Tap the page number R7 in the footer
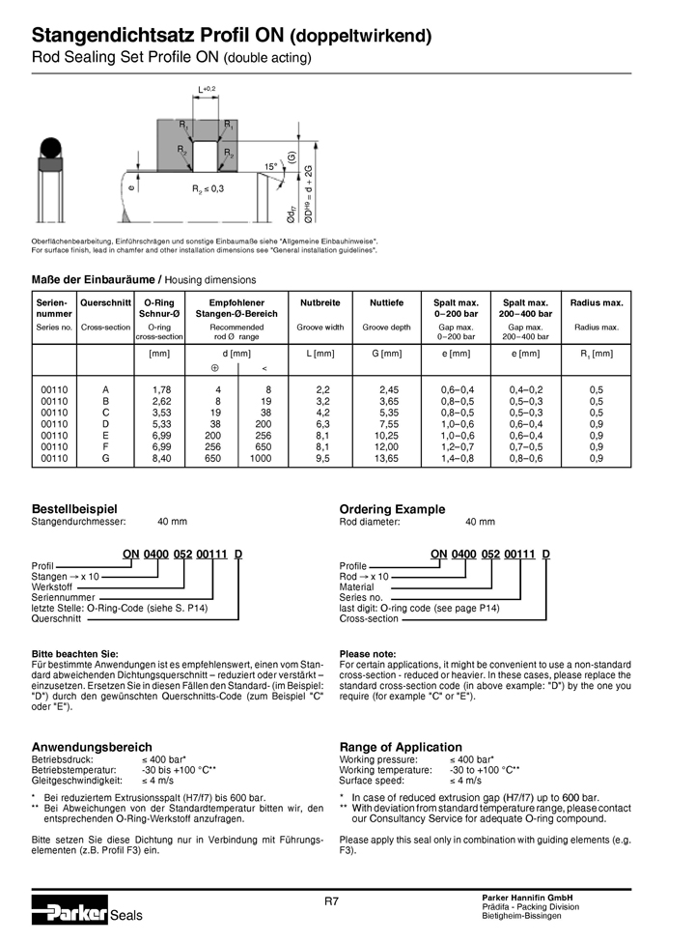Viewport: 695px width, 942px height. tap(331, 900)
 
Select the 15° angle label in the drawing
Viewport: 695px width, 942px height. tap(271, 167)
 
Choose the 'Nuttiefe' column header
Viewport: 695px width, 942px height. tap(386, 303)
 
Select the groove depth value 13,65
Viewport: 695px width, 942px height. tap(386, 459)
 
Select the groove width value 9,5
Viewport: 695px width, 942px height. tap(322, 459)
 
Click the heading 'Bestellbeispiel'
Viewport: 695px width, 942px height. tap(74, 509)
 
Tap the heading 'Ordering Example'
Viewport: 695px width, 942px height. tap(392, 509)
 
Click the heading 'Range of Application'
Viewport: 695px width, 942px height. tap(401, 747)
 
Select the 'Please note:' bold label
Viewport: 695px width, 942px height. tap(368, 654)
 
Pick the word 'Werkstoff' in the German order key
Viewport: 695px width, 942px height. tap(52, 586)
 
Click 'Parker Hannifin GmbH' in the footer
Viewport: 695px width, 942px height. tap(527, 898)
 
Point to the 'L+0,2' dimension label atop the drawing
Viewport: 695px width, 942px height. tap(207, 89)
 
